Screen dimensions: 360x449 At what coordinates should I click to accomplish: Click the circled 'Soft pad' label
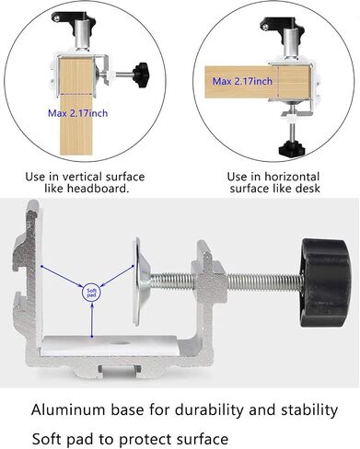[92, 293]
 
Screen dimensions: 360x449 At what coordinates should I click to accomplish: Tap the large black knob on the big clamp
[325, 283]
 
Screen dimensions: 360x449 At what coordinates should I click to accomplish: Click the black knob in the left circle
[142, 75]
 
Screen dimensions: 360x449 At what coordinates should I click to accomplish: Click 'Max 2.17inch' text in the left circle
[78, 113]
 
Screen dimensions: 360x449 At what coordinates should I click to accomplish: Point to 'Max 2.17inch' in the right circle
[242, 81]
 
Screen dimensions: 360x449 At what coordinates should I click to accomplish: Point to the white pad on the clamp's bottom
[111, 345]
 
